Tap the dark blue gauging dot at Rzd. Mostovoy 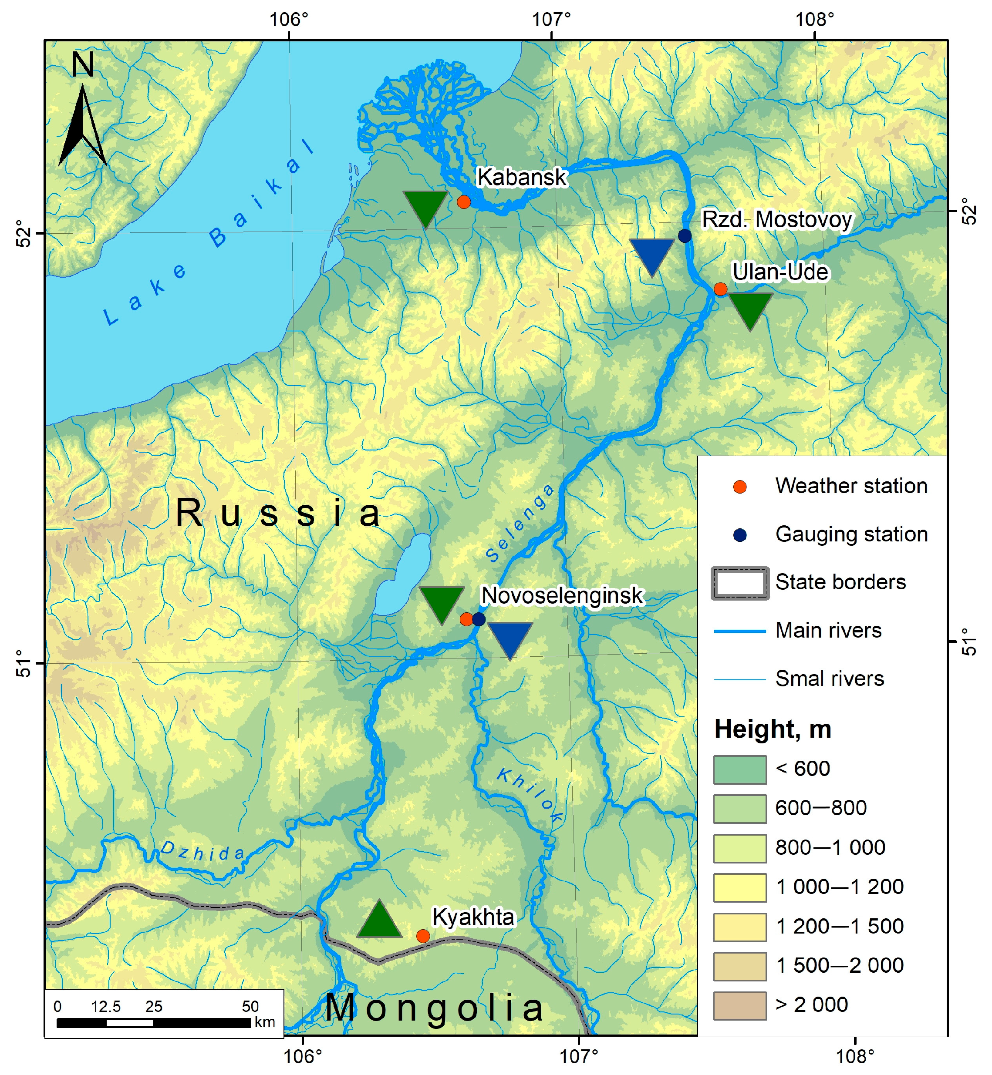point(685,236)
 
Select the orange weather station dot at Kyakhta point(423,937)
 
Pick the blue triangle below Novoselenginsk point(510,638)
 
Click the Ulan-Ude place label point(780,272)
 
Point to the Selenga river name point(519,524)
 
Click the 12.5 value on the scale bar point(106,1007)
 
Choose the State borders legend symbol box point(740,583)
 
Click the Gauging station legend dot point(740,535)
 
